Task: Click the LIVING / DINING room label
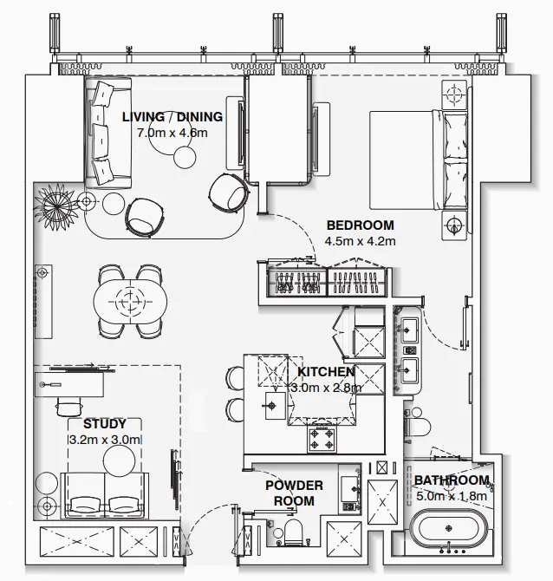[x=172, y=117]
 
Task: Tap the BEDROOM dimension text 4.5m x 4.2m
[x=360, y=241]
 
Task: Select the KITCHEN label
[x=325, y=372]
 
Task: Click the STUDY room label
[x=105, y=424]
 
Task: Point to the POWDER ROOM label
[x=294, y=493]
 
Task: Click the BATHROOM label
[x=451, y=480]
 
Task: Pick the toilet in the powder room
[x=292, y=532]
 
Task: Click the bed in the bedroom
[x=416, y=160]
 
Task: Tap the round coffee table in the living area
[x=185, y=157]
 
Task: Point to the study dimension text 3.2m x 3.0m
[x=105, y=440]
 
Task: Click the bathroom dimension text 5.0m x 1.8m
[x=451, y=497]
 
